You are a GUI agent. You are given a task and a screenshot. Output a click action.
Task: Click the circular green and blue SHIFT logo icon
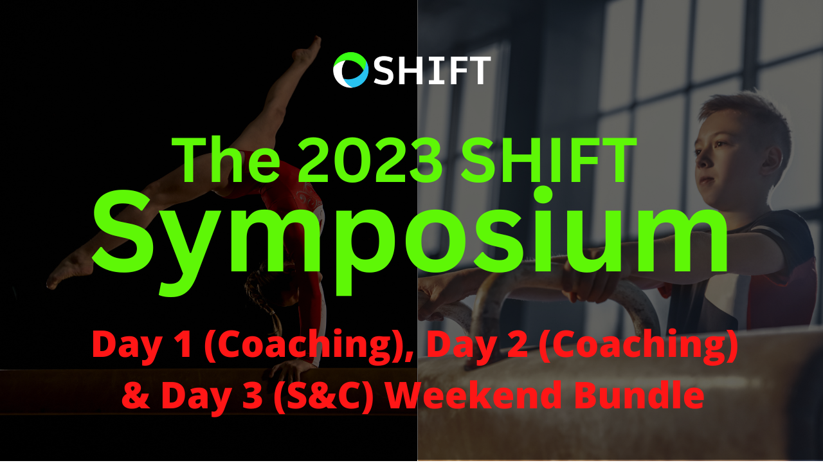(x=350, y=70)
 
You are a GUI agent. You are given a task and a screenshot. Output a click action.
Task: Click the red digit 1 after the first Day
(x=183, y=344)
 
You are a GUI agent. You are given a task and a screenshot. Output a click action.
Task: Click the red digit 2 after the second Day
(x=518, y=344)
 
